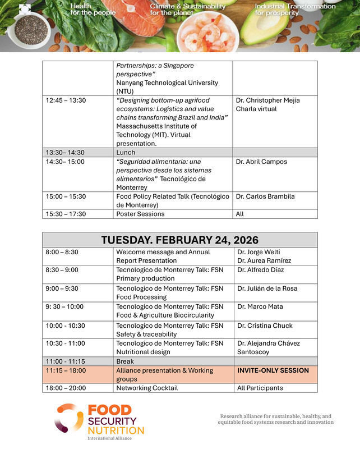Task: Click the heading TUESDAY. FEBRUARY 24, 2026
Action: tap(179, 240)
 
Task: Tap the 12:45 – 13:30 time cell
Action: tap(66, 100)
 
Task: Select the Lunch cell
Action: tap(126, 152)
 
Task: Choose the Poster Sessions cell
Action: tap(140, 214)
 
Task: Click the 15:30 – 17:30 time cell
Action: tap(66, 214)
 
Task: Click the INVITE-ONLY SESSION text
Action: tap(273, 370)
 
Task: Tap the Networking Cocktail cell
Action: tap(147, 388)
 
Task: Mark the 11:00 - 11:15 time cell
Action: tap(66, 361)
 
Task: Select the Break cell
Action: tap(125, 361)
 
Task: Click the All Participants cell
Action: tap(260, 388)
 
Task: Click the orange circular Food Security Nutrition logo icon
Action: tap(68, 418)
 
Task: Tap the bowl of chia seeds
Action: tap(31, 30)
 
